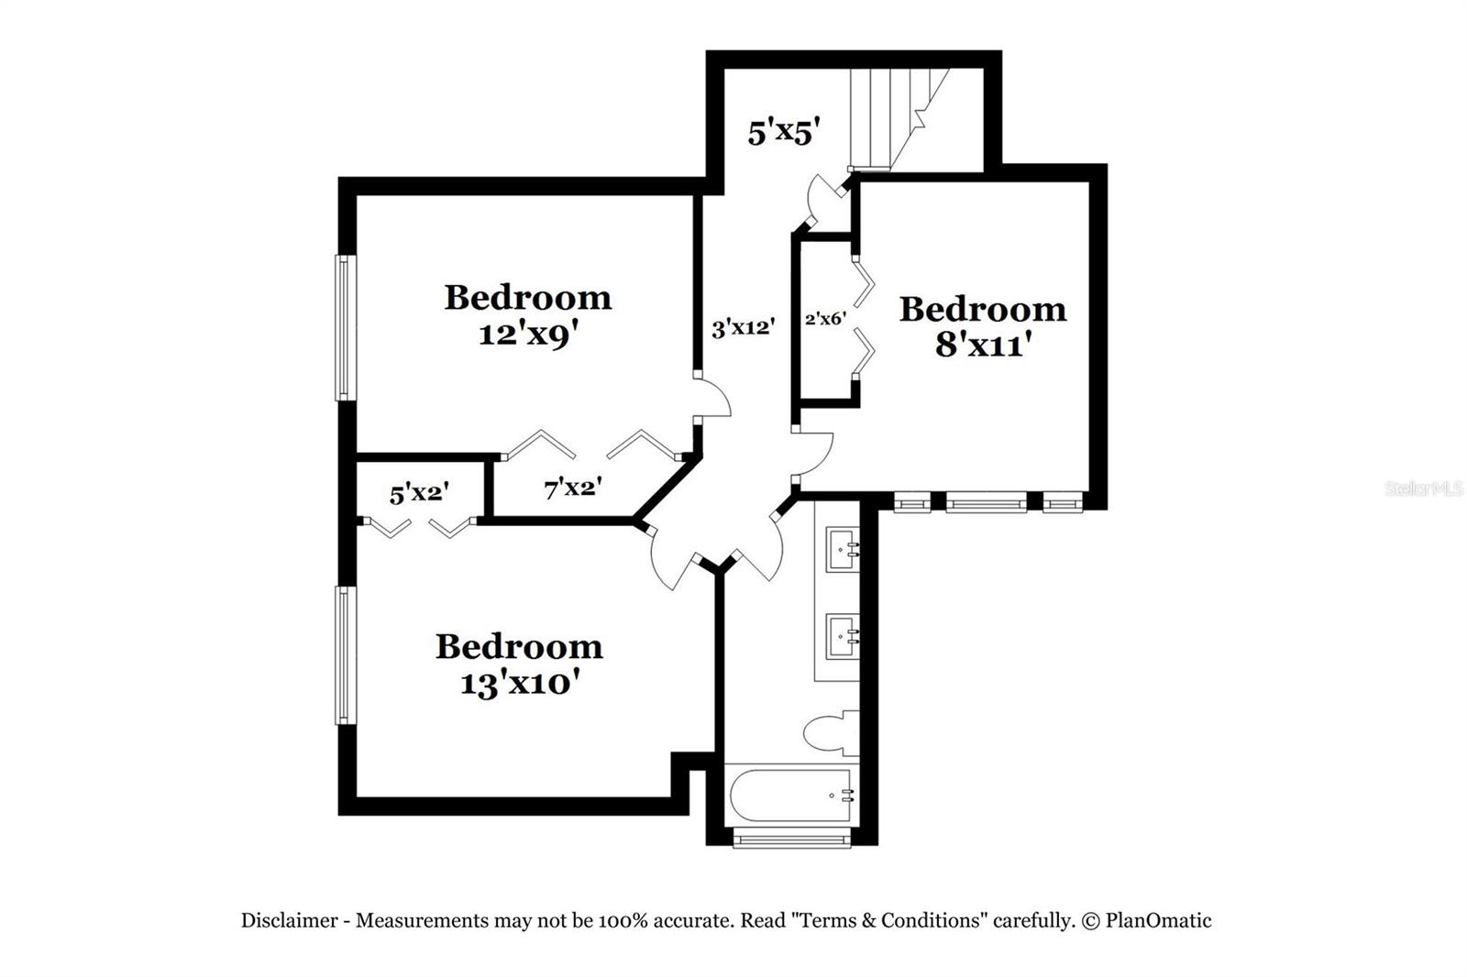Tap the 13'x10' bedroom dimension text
520,684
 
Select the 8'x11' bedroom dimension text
984,346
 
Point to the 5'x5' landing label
781,134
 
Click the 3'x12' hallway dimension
744,327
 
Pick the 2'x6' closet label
825,320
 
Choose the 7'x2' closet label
573,488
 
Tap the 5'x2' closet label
419,494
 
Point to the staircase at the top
894,117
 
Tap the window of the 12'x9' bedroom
345,327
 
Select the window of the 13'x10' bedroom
345,655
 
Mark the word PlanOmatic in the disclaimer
1158,920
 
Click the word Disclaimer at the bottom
289,920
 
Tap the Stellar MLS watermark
1424,489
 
